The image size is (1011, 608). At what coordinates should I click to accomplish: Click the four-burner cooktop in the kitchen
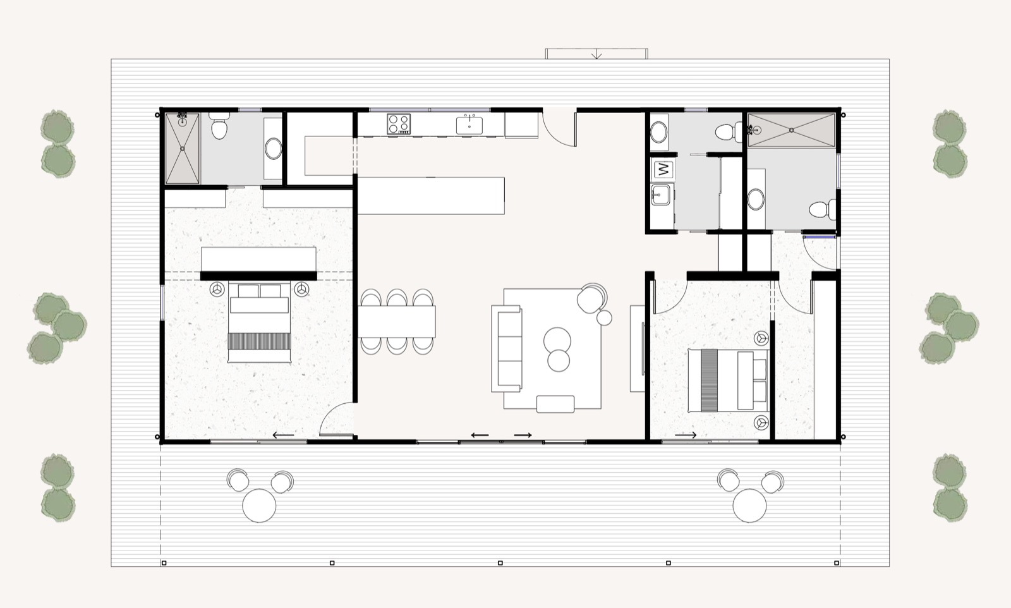[x=399, y=123]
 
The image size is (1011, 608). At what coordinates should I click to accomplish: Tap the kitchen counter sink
[x=469, y=125]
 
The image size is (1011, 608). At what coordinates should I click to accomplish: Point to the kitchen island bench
[x=431, y=196]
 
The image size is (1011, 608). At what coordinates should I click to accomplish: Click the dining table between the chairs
[x=397, y=321]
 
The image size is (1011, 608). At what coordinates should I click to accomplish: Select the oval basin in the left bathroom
[x=274, y=149]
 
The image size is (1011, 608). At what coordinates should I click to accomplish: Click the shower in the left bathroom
[x=183, y=149]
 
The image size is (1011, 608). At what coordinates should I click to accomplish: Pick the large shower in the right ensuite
[x=791, y=131]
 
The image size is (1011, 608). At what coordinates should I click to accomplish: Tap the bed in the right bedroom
[x=727, y=380]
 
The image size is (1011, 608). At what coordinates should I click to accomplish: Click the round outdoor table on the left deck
[x=259, y=506]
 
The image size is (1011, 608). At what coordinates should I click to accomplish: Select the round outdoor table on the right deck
[x=749, y=506]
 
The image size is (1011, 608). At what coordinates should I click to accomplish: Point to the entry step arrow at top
[x=596, y=54]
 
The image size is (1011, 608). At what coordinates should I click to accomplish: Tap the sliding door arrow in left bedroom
[x=283, y=435]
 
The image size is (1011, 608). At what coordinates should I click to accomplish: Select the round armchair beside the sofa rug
[x=593, y=298]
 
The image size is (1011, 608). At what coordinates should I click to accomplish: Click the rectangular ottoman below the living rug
[x=555, y=404]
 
